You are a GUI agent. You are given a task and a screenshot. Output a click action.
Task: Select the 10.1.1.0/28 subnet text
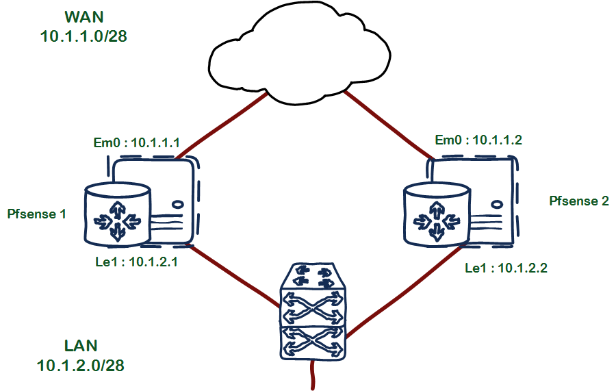coord(84,36)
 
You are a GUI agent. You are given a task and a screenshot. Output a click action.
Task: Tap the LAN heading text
coord(81,345)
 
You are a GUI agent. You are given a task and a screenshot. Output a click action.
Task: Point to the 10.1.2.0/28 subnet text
coord(81,365)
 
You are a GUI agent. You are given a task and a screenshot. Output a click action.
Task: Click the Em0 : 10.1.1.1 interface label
coord(136,143)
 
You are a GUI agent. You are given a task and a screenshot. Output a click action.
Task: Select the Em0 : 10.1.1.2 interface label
coord(478,140)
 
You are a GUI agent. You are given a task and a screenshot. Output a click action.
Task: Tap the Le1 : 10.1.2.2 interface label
coord(506,268)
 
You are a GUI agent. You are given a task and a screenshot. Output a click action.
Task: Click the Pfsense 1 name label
coord(36,214)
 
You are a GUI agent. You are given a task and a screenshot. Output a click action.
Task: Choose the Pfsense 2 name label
coord(579,201)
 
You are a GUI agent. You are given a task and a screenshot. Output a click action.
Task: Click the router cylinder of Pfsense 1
coord(117,213)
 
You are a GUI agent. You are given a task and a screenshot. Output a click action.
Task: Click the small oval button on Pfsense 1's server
coord(177,204)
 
